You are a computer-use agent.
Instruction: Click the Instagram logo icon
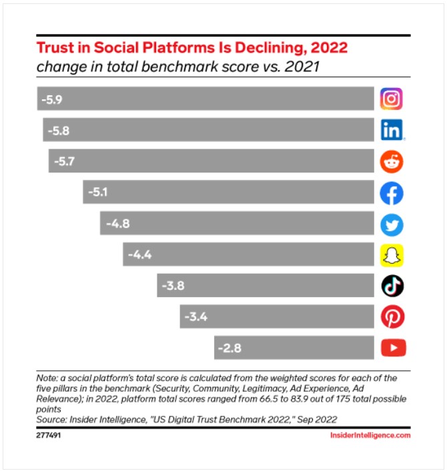click(x=392, y=99)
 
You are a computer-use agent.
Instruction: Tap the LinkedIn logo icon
click(x=392, y=130)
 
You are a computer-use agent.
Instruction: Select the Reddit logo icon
click(x=392, y=161)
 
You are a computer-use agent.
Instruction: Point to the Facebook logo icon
click(x=392, y=193)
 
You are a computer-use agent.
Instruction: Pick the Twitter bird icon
click(x=392, y=224)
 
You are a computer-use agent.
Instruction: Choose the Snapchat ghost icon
click(x=392, y=255)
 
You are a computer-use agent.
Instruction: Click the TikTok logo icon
click(x=392, y=286)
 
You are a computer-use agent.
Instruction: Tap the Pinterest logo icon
click(x=392, y=317)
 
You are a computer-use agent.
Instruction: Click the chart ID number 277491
click(x=47, y=435)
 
